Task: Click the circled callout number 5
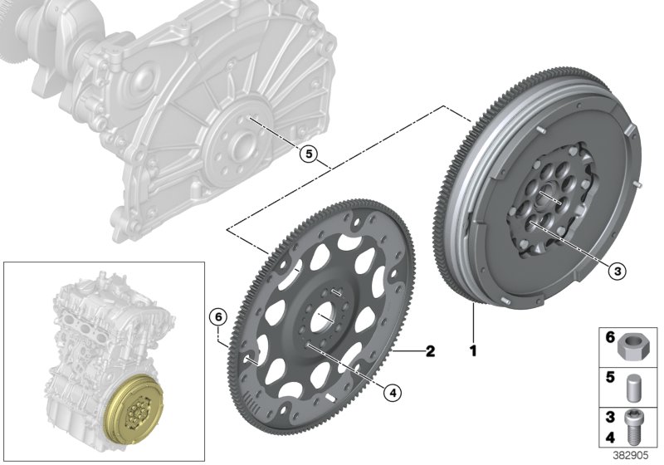click(x=308, y=154)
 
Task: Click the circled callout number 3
click(x=614, y=269)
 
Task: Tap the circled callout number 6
click(x=216, y=317)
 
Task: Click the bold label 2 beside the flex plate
click(x=430, y=351)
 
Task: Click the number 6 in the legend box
click(x=610, y=338)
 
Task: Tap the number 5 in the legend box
click(x=610, y=377)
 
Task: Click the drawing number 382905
click(x=632, y=456)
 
